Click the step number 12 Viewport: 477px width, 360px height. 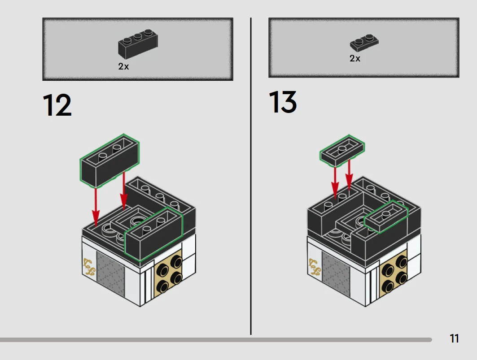[x=57, y=106]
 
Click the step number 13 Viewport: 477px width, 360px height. [x=283, y=102]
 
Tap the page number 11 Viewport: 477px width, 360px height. [x=454, y=338]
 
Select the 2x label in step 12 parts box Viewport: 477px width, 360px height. [x=124, y=66]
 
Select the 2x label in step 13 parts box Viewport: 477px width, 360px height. [x=355, y=58]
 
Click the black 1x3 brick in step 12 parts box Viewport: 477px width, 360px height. [x=138, y=43]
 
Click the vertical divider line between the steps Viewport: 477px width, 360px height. [x=250, y=179]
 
